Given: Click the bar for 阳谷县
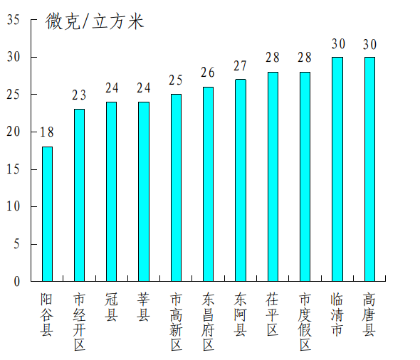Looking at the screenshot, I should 47,213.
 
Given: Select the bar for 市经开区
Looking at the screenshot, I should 79,195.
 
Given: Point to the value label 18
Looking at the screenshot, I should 47,132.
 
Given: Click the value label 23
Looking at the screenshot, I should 79,95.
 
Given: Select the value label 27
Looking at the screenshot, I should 241,65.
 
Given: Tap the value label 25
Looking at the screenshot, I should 176,80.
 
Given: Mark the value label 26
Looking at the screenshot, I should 208,73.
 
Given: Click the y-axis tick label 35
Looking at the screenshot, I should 14,20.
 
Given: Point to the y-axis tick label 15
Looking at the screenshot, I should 14,169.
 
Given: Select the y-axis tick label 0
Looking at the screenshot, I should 16,282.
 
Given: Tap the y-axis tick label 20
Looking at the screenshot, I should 14,132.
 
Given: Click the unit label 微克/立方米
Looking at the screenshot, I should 95,22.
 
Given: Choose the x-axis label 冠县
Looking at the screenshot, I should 111,307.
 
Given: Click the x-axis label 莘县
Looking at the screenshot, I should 143,307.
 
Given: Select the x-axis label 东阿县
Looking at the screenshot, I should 241,314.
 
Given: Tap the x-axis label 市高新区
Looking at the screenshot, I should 176,322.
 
